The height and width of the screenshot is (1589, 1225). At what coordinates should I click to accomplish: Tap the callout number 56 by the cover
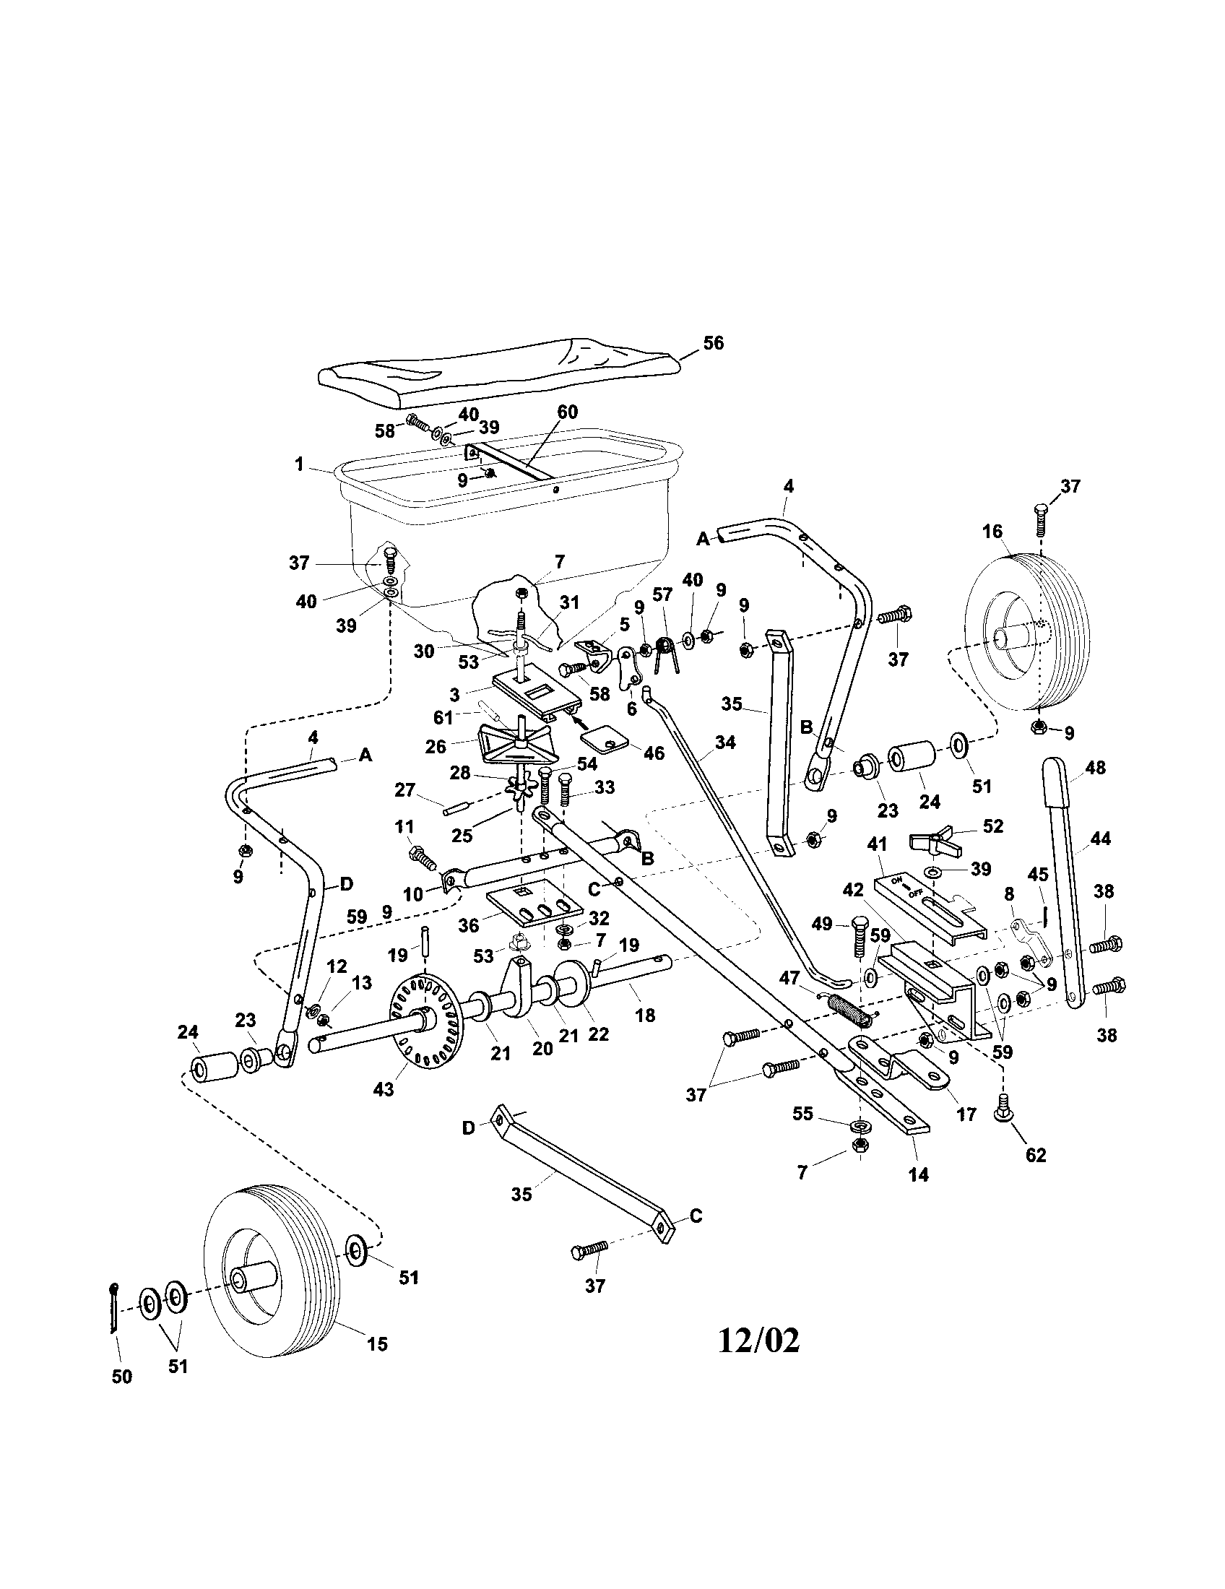pyautogui.click(x=713, y=342)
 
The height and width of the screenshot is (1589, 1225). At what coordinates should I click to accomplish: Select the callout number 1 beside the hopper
pyautogui.click(x=299, y=464)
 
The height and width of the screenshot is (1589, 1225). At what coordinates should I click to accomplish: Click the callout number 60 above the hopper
pyautogui.click(x=567, y=412)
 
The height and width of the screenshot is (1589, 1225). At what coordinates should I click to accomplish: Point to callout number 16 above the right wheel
pyautogui.click(x=992, y=532)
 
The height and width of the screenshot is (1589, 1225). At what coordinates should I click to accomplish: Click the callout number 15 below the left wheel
pyautogui.click(x=377, y=1343)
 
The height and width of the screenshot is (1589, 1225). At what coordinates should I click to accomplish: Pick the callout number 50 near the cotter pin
pyautogui.click(x=121, y=1377)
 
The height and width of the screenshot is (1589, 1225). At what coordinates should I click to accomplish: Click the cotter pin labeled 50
pyautogui.click(x=113, y=1308)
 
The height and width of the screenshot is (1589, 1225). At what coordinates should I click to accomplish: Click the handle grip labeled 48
pyautogui.click(x=1059, y=782)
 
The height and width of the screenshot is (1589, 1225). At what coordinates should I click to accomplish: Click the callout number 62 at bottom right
pyautogui.click(x=1035, y=1155)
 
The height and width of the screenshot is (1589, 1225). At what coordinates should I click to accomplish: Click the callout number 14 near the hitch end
pyautogui.click(x=918, y=1174)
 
